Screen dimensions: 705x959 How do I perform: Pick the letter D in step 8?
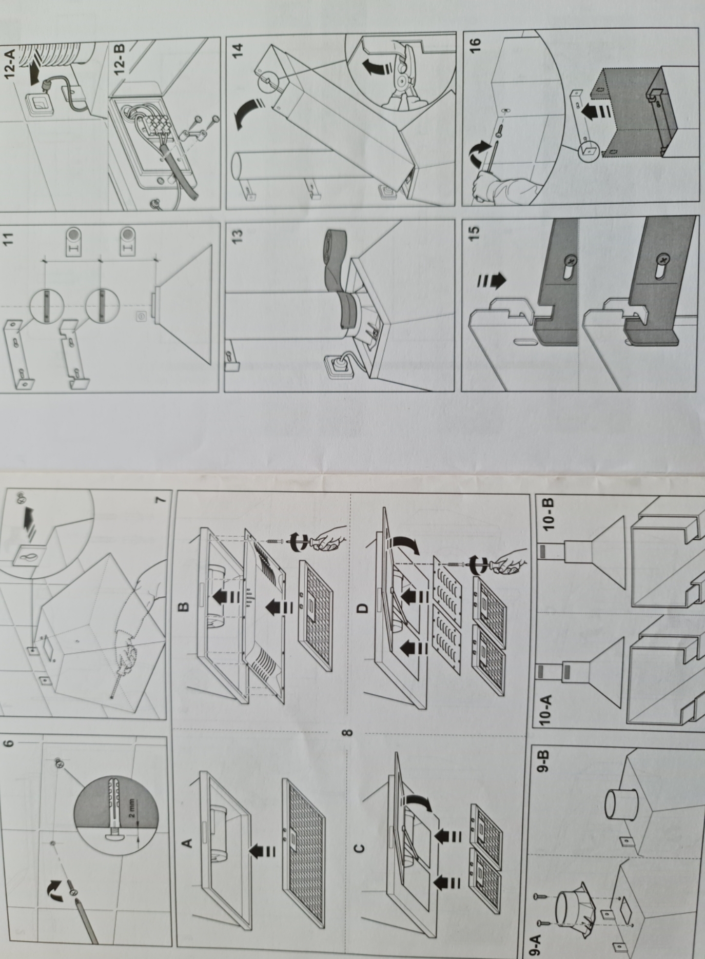click(x=362, y=608)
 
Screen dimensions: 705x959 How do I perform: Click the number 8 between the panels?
click(x=347, y=732)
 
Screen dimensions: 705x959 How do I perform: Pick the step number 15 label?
click(x=474, y=232)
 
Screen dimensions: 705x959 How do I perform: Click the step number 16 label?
click(x=475, y=45)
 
